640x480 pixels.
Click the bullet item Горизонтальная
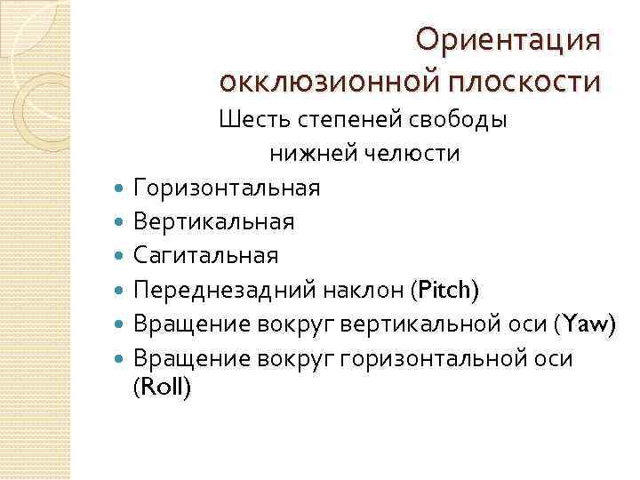tap(227, 188)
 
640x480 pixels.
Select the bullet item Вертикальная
tap(213, 221)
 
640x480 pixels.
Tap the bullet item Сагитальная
tap(205, 255)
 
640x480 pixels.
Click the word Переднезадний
tap(219, 290)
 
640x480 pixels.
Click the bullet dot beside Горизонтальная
tap(120, 188)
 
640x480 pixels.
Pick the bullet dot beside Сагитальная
tap(120, 256)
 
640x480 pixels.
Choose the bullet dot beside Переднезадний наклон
tap(120, 291)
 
